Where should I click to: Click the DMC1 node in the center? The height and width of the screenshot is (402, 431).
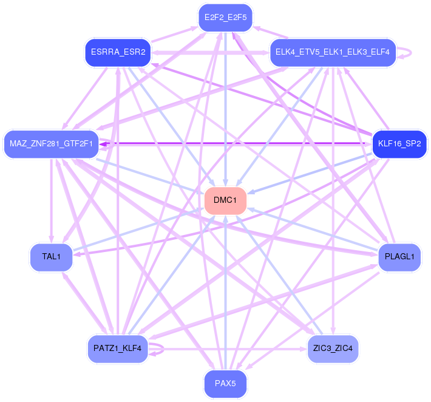pos(225,200)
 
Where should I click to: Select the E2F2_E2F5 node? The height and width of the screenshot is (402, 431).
pos(225,17)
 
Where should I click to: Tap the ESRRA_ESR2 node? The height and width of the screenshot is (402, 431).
pos(118,52)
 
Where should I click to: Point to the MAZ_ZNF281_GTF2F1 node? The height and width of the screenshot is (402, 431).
pos(51,144)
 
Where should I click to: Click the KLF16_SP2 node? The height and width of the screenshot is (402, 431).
pos(399,144)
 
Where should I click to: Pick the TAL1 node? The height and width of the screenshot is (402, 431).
pos(51,257)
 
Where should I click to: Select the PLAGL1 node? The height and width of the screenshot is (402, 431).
pos(399,257)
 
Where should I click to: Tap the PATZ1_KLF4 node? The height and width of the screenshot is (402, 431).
pos(118,349)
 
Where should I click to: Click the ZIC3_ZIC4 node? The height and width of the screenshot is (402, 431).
pos(333,349)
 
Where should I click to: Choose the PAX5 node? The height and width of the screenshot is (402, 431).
pos(225,384)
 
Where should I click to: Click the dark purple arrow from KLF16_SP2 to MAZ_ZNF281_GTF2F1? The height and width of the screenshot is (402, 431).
pos(243,144)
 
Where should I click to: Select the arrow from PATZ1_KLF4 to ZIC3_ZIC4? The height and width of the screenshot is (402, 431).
pos(231,349)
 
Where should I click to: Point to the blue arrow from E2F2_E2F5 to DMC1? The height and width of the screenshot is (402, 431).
pos(225,109)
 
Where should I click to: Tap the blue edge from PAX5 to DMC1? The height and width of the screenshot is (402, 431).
pos(225,291)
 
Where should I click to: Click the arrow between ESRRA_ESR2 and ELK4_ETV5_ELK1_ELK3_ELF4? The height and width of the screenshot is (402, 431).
pos(209,53)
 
